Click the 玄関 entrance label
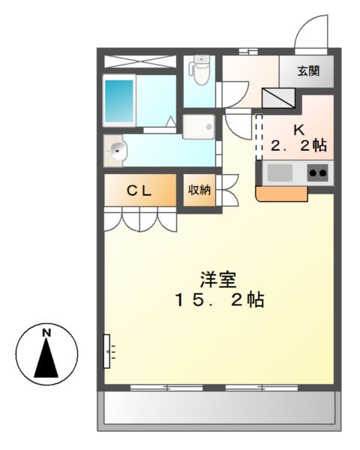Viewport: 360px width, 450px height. tap(307, 72)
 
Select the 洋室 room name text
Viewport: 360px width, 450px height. tap(218, 280)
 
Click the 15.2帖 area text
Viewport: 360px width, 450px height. tap(218, 301)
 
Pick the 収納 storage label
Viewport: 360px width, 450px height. tap(199, 190)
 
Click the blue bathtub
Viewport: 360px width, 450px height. tap(118, 100)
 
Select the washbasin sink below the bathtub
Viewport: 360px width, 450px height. tap(117, 151)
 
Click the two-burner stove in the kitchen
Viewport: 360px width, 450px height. tap(318, 172)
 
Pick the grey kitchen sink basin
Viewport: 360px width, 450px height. tap(280, 172)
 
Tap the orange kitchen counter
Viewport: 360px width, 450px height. tap(282, 193)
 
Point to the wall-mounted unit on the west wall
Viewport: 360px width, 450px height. tap(108, 350)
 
